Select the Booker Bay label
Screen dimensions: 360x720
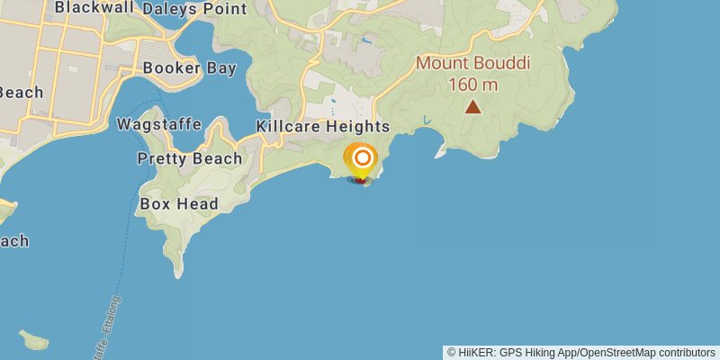190,67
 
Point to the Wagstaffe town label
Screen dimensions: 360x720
158,124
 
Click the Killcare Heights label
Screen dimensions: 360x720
322,127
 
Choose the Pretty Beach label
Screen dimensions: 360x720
189,158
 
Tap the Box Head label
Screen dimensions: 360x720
179,204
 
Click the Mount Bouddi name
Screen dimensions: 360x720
472,65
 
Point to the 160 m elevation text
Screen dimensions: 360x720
472,84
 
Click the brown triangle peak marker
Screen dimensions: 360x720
472,108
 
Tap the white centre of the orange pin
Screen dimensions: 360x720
362,158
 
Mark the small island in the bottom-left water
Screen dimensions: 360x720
35,341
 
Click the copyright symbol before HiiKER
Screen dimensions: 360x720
452,352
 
